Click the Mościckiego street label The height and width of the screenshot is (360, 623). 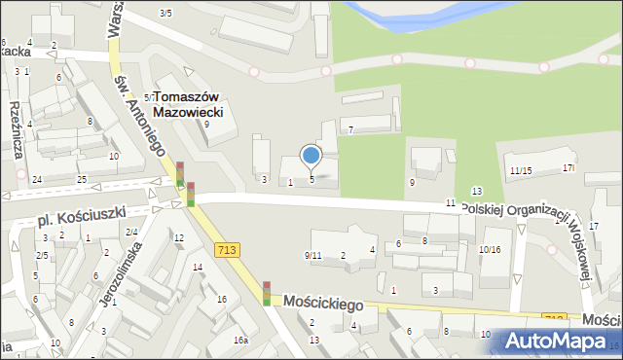(316, 304)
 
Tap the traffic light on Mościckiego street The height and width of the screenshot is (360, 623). (267, 293)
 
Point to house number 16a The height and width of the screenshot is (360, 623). (240, 340)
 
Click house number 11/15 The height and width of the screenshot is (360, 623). (520, 171)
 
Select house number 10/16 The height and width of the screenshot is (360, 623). (490, 249)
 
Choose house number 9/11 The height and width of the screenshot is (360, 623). (312, 255)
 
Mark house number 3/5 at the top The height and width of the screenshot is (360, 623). (165, 13)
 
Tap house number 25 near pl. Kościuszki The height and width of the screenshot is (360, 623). (83, 179)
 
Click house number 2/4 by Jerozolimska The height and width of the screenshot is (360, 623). (130, 232)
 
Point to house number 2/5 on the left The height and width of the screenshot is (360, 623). (42, 255)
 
